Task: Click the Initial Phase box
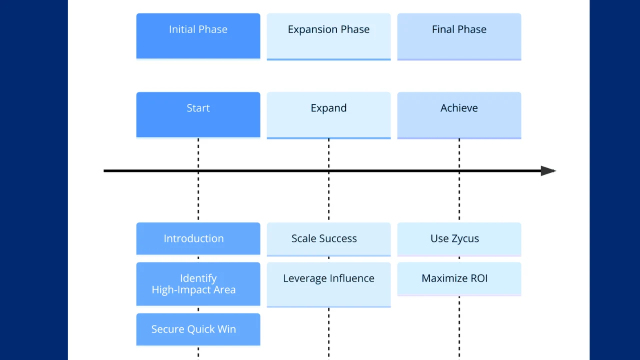198,36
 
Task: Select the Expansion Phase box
328,36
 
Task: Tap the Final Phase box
459,36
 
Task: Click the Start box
198,114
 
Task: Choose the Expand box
328,114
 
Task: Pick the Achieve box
459,114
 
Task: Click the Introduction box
198,238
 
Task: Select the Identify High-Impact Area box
198,283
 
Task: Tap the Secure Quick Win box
198,329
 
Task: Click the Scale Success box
328,239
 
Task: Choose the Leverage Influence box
328,284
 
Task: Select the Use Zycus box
459,239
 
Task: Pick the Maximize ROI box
459,278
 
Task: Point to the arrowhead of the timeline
548,171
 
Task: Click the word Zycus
465,239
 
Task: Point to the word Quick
200,329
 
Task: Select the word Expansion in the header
310,29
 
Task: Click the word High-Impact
181,290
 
